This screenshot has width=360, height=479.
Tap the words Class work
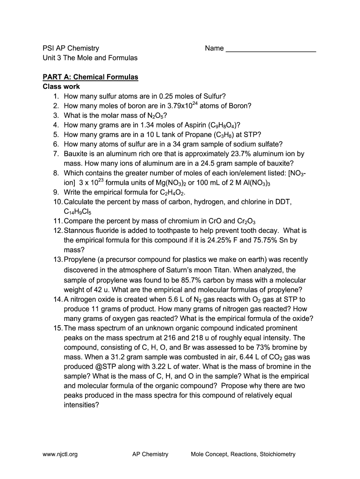61,87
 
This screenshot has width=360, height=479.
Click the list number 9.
56,192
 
